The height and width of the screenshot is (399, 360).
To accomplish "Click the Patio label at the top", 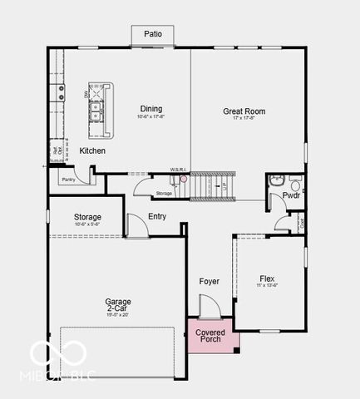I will [153, 34].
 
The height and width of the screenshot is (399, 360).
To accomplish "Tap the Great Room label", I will [244, 111].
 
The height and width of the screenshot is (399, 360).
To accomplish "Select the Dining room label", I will [151, 109].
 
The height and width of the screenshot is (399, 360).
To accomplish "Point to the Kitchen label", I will [92, 150].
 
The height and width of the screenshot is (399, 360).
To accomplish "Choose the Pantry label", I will [68, 179].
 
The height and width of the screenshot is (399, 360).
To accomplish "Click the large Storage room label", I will [87, 217].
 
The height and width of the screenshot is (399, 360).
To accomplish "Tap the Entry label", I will [157, 217].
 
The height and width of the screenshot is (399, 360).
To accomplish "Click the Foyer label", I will [210, 281].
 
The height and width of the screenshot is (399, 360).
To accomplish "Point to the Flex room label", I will [267, 278].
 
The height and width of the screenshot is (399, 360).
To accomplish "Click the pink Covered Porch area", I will [210, 336].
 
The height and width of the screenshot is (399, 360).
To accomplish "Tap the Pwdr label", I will [291, 196].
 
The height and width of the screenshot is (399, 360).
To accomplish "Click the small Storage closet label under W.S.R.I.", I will [164, 194].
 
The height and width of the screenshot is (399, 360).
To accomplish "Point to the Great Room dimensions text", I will [244, 118].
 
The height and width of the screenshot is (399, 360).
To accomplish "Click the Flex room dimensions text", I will [267, 286].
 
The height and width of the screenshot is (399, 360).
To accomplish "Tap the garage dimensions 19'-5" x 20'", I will [118, 314].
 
